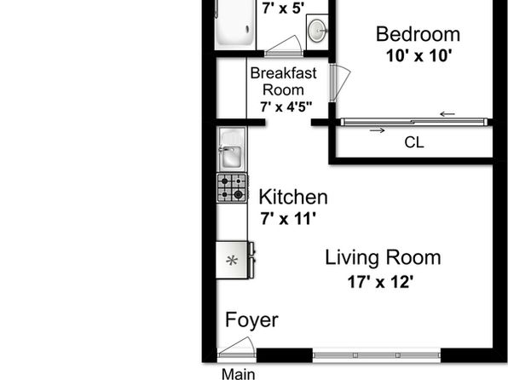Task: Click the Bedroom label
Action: [418, 34]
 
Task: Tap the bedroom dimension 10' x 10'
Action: [419, 55]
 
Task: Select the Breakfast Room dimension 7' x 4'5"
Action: [286, 107]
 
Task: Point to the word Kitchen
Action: [293, 197]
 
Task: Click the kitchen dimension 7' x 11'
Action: [288, 219]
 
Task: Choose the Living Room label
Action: [383, 258]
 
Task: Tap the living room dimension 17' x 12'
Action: [380, 282]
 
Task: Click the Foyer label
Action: [251, 320]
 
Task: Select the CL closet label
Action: [414, 142]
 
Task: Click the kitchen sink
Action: [232, 149]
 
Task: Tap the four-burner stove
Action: [233, 188]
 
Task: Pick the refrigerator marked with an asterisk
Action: [235, 260]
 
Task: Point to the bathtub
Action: [234, 23]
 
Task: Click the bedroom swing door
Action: [339, 82]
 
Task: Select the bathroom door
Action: [284, 46]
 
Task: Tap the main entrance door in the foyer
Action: [236, 348]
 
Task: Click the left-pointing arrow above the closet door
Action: [447, 114]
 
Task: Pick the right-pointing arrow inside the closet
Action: [378, 130]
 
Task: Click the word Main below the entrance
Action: [239, 374]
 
